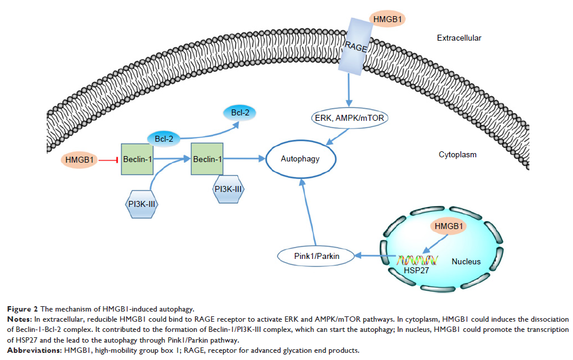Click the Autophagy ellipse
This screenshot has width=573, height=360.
click(300, 160)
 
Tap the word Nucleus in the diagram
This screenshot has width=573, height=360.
click(466, 261)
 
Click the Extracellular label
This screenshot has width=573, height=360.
click(459, 38)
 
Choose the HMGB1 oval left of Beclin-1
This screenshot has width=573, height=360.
click(80, 160)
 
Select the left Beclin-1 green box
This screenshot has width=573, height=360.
click(138, 159)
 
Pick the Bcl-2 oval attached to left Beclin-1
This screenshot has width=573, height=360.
click(163, 139)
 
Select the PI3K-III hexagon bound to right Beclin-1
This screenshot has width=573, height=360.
click(227, 190)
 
